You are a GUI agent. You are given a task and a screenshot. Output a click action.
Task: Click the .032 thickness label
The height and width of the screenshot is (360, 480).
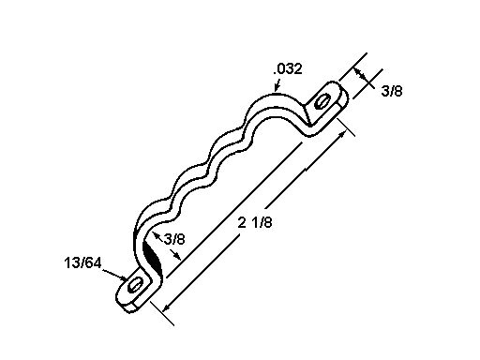point(288,69)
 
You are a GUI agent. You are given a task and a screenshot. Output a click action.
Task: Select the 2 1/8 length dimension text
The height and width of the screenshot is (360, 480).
point(255,223)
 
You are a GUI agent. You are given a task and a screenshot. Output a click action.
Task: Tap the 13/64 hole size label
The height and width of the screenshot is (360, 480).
point(82,262)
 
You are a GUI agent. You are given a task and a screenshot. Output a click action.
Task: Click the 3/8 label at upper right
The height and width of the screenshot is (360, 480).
point(392,91)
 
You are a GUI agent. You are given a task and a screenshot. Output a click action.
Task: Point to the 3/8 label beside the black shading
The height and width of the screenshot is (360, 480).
point(174,239)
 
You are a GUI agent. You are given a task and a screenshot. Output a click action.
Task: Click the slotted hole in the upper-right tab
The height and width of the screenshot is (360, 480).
point(322,101)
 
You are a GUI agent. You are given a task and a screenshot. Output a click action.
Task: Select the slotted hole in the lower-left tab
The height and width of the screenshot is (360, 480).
point(135,285)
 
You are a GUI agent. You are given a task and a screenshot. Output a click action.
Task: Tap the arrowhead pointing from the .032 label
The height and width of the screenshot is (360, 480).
point(277,88)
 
